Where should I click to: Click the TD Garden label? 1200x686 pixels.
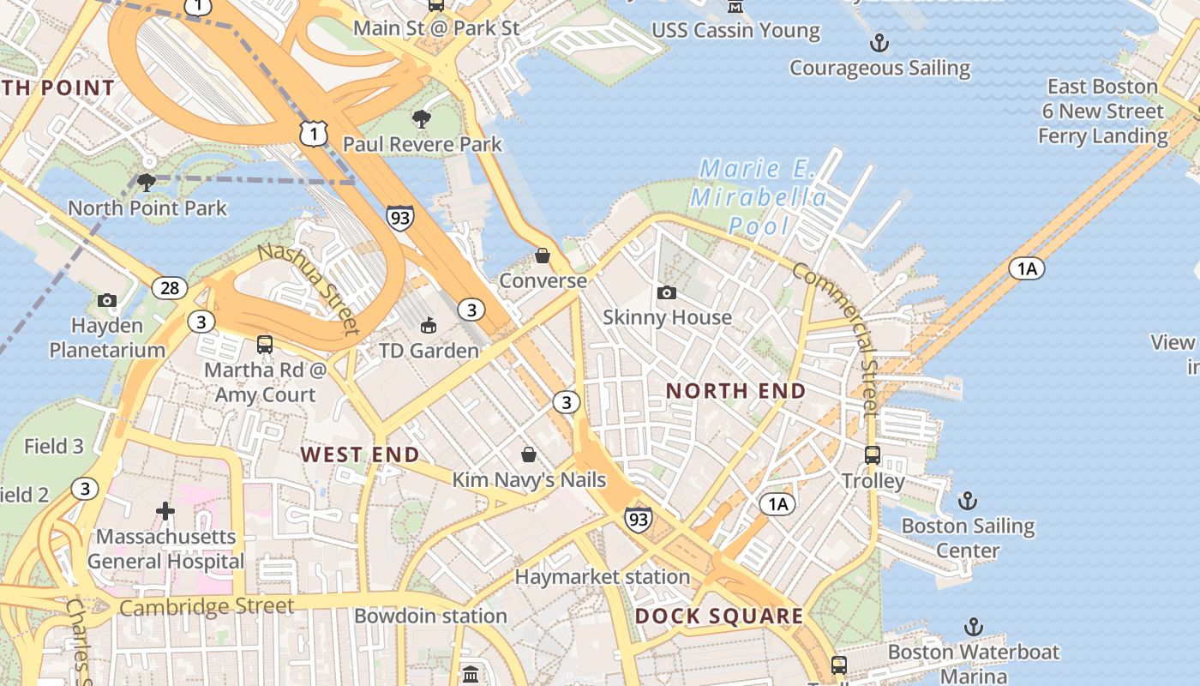click(x=429, y=351)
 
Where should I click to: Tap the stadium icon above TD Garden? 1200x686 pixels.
click(x=428, y=325)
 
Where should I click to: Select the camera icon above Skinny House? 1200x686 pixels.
click(x=666, y=293)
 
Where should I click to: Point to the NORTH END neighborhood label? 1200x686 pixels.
click(x=735, y=391)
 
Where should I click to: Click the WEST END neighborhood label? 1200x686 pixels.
click(x=360, y=454)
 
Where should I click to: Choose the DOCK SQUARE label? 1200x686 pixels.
click(x=719, y=616)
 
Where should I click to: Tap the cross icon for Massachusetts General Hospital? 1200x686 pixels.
click(x=165, y=512)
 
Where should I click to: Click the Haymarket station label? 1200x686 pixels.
click(x=602, y=577)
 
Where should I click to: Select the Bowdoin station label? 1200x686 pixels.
click(x=430, y=616)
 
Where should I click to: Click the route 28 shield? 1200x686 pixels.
click(x=170, y=287)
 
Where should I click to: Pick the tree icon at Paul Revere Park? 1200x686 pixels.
click(x=421, y=118)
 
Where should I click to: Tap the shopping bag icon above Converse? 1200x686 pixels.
click(x=542, y=256)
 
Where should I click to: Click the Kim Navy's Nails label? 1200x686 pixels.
click(x=529, y=480)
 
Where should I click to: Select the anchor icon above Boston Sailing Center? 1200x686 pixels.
click(x=967, y=500)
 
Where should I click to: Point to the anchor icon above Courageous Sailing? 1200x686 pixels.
click(x=879, y=42)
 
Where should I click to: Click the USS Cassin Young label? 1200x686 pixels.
click(x=735, y=31)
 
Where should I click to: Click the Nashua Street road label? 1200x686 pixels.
click(x=309, y=287)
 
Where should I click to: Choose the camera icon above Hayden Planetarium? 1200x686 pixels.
click(x=107, y=300)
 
